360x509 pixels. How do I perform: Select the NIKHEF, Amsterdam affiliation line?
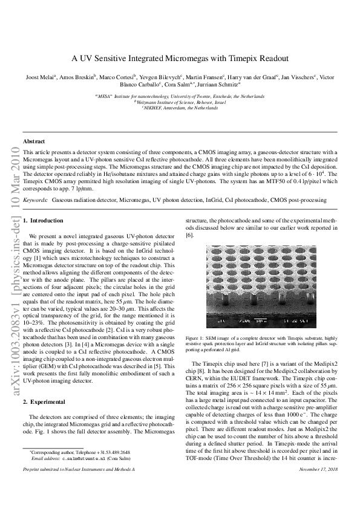click(180, 108)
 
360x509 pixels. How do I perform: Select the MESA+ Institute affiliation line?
click(180, 96)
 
